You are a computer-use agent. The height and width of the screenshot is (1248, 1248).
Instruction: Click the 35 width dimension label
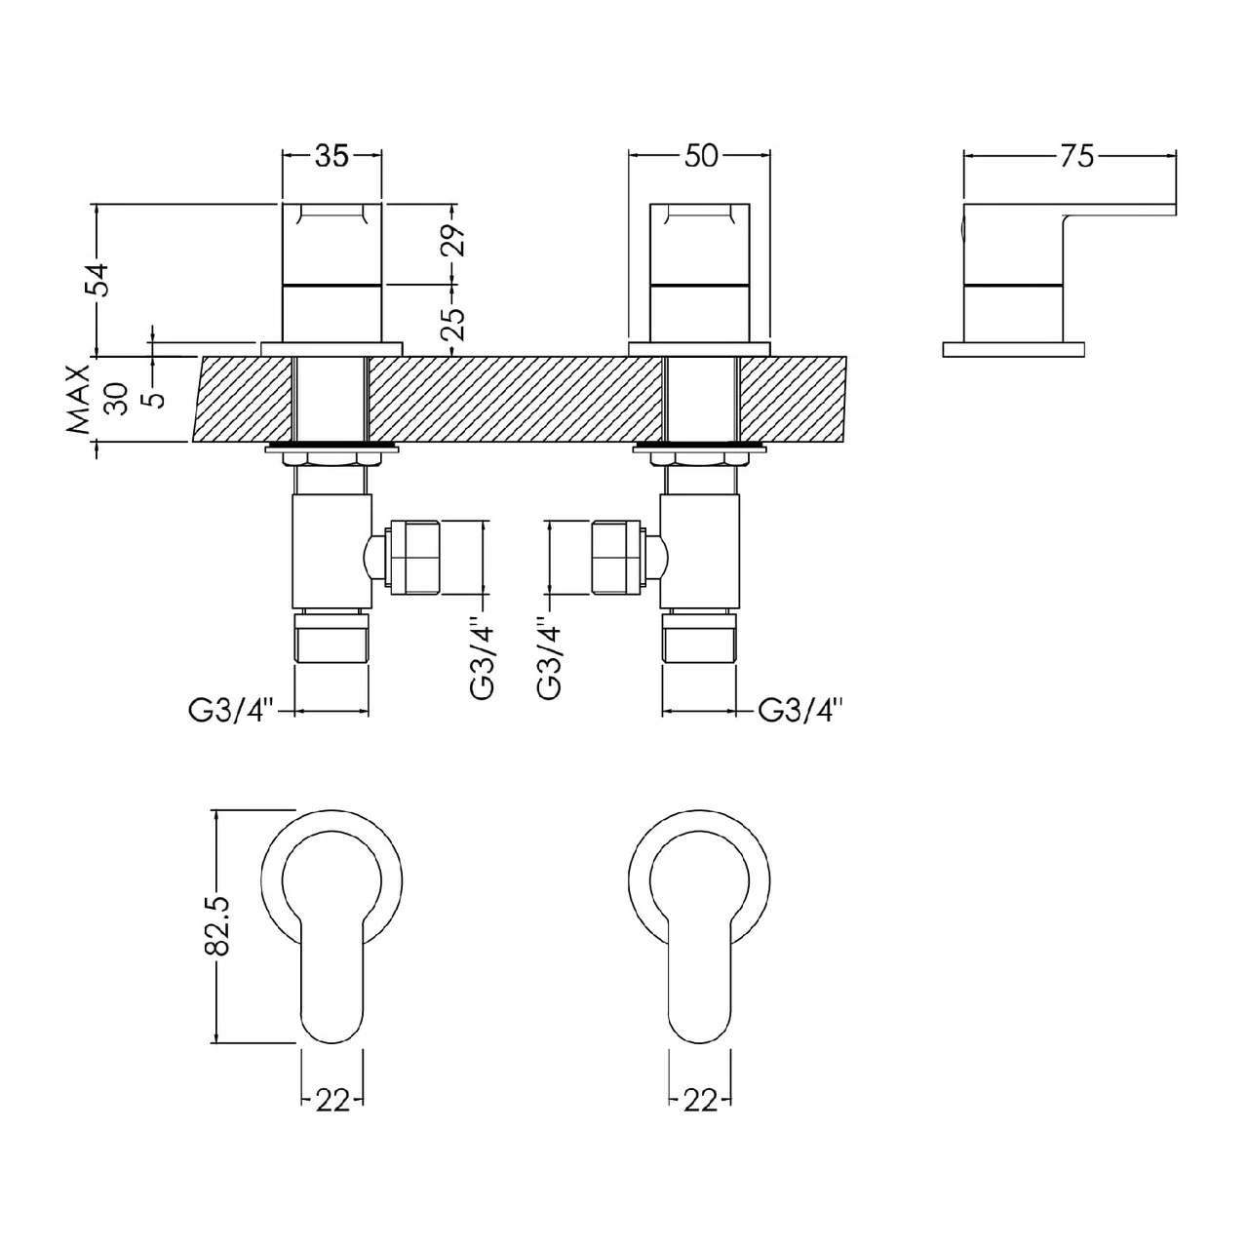click(x=331, y=156)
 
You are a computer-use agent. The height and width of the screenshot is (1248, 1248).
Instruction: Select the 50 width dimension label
click(x=700, y=156)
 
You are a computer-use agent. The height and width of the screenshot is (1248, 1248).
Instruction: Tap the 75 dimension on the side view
click(x=1076, y=156)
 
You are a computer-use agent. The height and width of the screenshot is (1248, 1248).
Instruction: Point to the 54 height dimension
click(x=100, y=280)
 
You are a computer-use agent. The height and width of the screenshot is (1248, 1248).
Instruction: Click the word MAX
click(x=78, y=399)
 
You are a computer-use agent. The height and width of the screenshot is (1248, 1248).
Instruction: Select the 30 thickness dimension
click(x=117, y=399)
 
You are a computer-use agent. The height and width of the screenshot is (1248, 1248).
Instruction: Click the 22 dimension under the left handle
click(x=332, y=1100)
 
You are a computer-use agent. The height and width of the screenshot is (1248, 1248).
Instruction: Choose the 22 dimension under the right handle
click(x=700, y=1100)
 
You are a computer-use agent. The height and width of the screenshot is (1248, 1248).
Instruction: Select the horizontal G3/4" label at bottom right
click(x=799, y=711)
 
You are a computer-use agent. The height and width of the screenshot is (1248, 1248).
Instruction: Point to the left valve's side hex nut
click(x=413, y=559)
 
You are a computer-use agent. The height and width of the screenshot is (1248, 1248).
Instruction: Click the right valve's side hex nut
click(x=618, y=559)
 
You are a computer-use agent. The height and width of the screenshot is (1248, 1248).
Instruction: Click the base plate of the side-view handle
click(x=1014, y=348)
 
